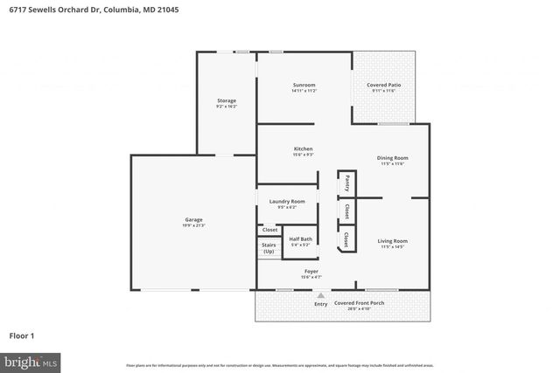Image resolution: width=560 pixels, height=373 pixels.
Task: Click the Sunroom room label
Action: click(304, 85)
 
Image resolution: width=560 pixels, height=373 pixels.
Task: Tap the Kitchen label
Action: click(303, 149)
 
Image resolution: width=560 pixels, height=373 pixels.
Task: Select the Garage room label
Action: click(193, 220)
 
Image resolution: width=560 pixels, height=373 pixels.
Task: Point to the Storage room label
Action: click(227, 100)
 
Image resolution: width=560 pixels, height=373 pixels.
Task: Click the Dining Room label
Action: click(392, 158)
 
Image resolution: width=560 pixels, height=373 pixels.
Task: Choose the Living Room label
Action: click(392, 240)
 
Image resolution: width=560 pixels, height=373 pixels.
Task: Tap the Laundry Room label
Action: click(287, 201)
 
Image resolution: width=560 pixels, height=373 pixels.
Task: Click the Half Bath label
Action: click(299, 238)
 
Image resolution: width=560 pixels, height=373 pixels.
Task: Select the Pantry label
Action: click(347, 183)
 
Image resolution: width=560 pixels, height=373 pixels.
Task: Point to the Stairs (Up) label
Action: click(269, 248)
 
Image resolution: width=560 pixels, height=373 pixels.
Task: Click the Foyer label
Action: click(311, 271)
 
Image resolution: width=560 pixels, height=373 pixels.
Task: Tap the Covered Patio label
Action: click(384, 85)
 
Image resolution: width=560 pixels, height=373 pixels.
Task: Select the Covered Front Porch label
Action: click(359, 302)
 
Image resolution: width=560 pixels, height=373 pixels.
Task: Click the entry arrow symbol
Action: click(319, 295)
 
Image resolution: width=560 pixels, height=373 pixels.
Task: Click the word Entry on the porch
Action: click(320, 303)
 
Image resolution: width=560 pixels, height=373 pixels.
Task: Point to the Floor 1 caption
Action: click(22, 335)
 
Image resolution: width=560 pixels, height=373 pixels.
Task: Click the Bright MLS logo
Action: click(30, 360)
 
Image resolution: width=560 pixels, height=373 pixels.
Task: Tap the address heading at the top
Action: click(71, 10)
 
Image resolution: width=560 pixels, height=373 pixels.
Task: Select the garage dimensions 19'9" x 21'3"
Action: click(193, 225)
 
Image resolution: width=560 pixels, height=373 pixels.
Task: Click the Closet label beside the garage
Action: click(269, 230)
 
